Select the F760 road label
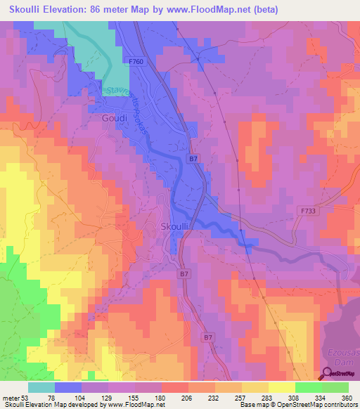(138, 62)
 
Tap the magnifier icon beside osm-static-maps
(328, 374)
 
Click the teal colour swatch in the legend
(41, 387)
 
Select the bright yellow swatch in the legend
(281, 387)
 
